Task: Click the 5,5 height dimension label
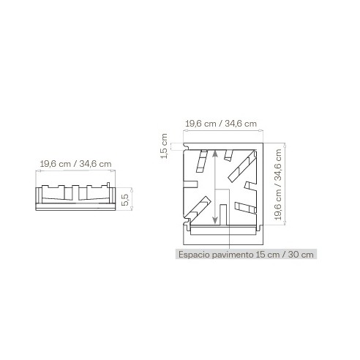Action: (125, 200)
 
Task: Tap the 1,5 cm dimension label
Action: (164, 146)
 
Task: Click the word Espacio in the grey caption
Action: (194, 255)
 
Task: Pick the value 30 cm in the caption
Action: (301, 255)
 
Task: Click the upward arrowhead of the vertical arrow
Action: (215, 153)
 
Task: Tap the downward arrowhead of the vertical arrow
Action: (215, 220)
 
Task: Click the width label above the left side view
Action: (75, 164)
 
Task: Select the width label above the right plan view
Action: (221, 124)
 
